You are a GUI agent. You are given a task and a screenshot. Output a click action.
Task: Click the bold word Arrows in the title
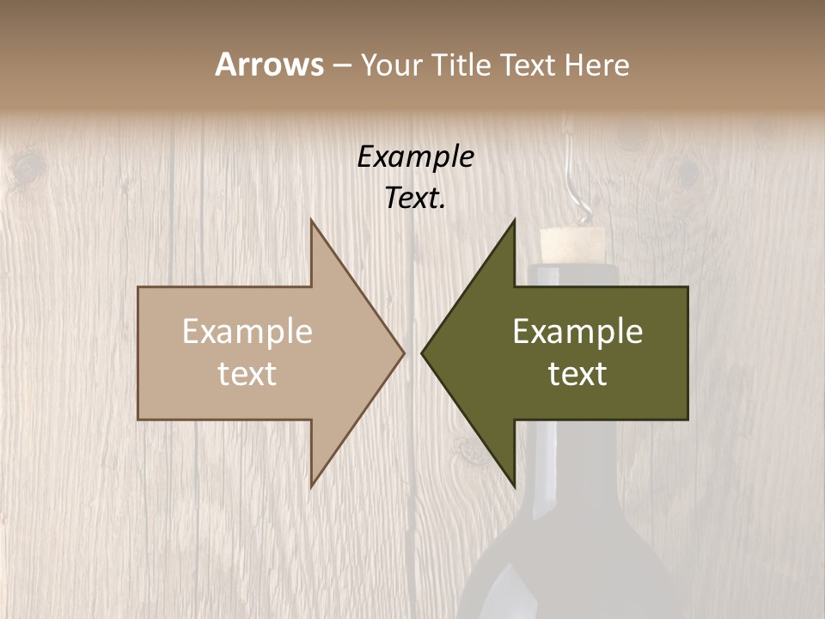pyautogui.click(x=269, y=64)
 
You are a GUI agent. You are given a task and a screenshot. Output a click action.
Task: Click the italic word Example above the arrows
pyautogui.click(x=416, y=157)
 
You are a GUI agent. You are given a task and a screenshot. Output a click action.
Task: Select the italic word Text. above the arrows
pyautogui.click(x=416, y=199)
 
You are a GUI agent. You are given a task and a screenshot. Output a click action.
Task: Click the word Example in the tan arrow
pyautogui.click(x=247, y=332)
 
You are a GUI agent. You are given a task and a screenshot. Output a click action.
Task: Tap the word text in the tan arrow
pyautogui.click(x=247, y=374)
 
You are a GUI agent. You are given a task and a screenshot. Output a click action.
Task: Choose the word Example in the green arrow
pyautogui.click(x=577, y=332)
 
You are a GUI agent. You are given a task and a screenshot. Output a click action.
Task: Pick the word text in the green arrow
pyautogui.click(x=577, y=374)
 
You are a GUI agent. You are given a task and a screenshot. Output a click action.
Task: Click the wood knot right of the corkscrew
pyautogui.click(x=688, y=172)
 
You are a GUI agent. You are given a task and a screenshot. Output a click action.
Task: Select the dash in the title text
pyautogui.click(x=341, y=66)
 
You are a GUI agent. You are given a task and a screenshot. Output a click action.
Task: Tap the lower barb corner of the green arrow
pyautogui.click(x=514, y=483)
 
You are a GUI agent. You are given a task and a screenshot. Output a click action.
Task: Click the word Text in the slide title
pyautogui.click(x=526, y=64)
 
